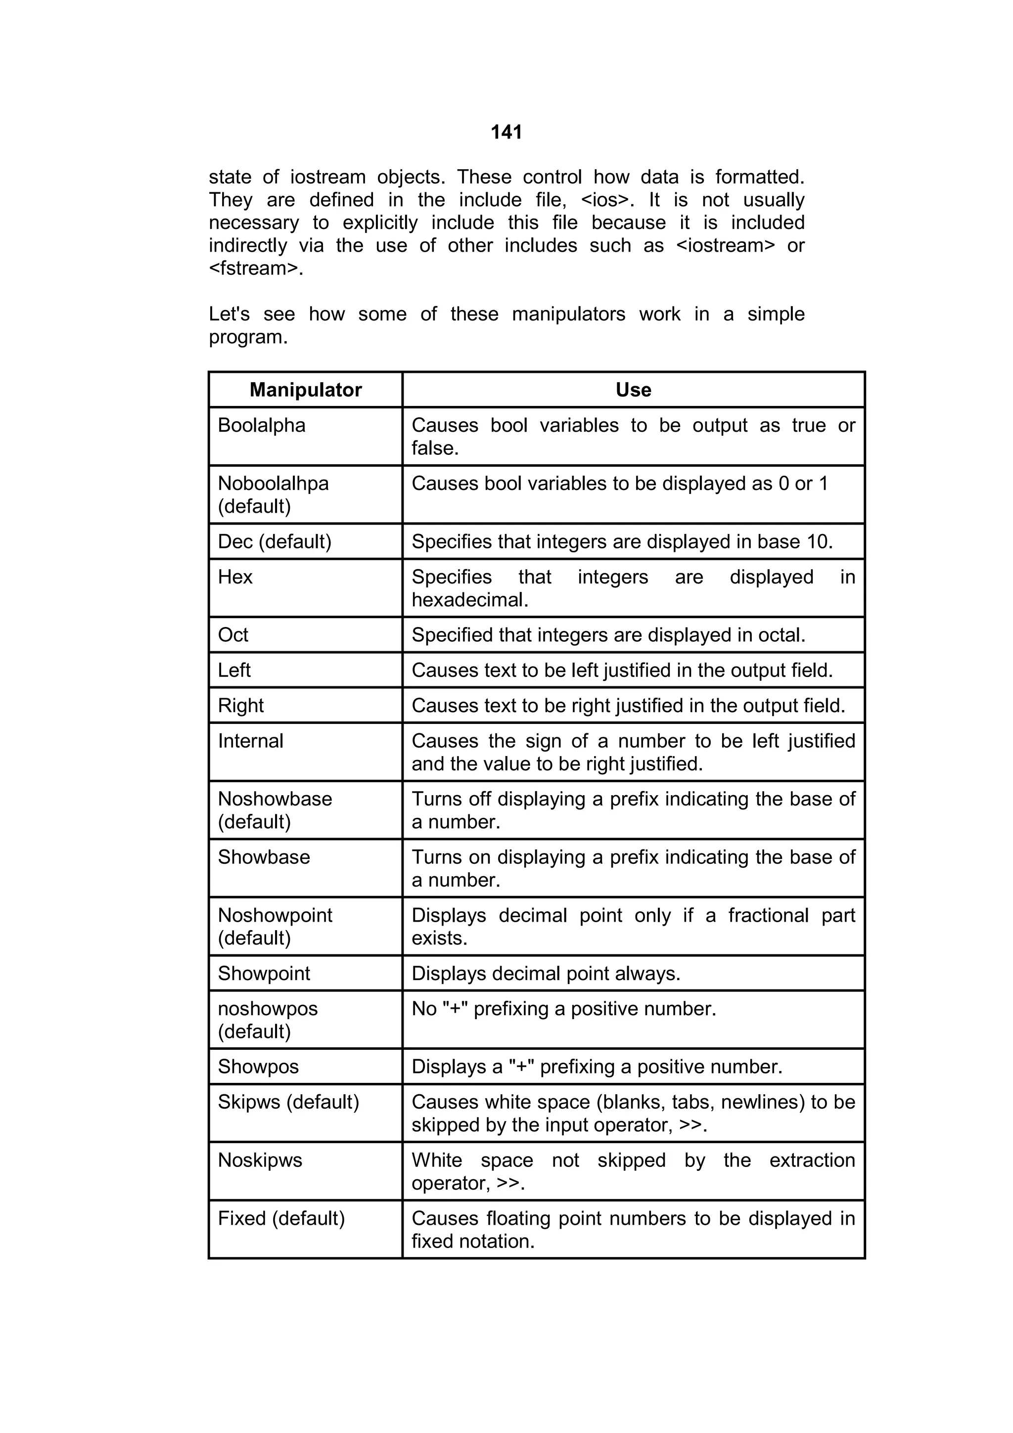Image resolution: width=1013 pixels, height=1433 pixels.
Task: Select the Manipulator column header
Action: (305, 390)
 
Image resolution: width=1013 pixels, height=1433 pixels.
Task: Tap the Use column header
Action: (633, 390)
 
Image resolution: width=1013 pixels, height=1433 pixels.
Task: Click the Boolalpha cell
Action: (262, 425)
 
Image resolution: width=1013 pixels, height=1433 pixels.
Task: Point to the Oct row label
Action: (233, 635)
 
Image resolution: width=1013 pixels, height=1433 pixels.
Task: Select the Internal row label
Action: (250, 741)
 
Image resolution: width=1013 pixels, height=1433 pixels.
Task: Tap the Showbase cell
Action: (264, 857)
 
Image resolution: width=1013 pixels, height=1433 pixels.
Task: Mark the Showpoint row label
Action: (264, 973)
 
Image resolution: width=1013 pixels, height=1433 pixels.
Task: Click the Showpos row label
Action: (258, 1067)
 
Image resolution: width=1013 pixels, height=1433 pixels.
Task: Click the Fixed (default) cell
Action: (281, 1218)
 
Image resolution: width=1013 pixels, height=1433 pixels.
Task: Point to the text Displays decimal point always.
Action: (546, 973)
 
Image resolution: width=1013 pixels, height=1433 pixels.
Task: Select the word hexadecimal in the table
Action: (469, 600)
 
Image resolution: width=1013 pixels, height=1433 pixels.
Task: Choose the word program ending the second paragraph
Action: (247, 337)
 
